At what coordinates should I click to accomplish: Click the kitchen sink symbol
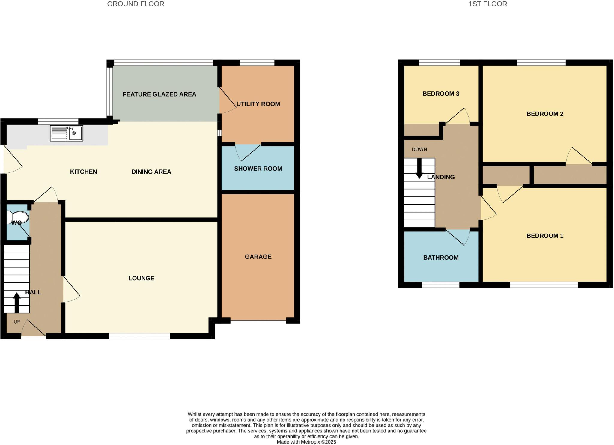click(x=67, y=133)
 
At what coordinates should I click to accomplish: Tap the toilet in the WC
click(x=18, y=217)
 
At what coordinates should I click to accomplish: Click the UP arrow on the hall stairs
click(x=17, y=302)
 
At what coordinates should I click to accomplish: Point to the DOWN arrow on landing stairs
click(x=419, y=169)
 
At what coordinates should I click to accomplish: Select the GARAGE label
click(x=258, y=257)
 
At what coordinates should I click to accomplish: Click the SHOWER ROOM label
click(x=258, y=169)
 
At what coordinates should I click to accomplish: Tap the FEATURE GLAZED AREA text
click(x=159, y=94)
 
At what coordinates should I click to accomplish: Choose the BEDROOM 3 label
click(x=441, y=94)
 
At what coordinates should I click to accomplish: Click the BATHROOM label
click(x=441, y=258)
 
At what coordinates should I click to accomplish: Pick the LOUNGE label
click(x=141, y=278)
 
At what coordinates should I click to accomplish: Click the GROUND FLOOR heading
click(x=136, y=4)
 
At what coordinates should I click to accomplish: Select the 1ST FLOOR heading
click(x=488, y=4)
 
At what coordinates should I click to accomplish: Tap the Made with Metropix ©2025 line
click(x=306, y=442)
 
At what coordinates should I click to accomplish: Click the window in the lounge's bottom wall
click(x=139, y=336)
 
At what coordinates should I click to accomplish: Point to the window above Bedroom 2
click(x=541, y=63)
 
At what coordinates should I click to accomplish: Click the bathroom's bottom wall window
click(x=441, y=285)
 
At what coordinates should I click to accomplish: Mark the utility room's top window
click(x=257, y=63)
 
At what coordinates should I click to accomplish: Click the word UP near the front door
click(x=17, y=322)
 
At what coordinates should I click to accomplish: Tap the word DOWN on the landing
click(x=419, y=149)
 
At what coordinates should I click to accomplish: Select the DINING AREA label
click(x=151, y=172)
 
